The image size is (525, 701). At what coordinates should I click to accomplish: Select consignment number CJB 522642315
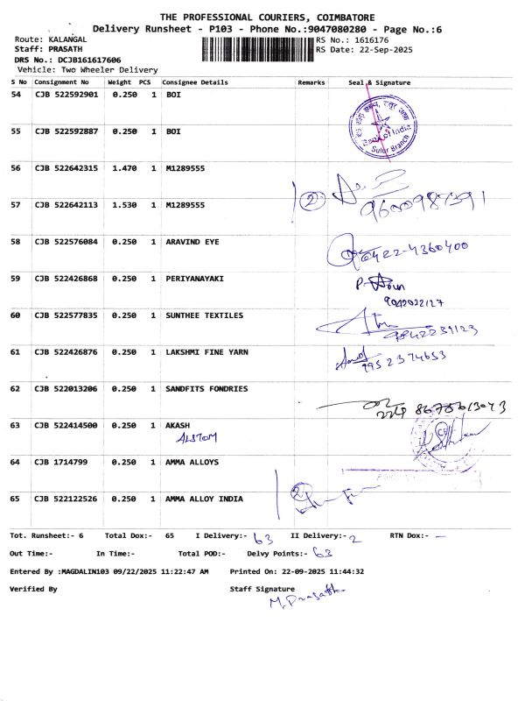click(x=66, y=167)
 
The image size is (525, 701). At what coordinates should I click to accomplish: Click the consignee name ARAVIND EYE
click(x=192, y=241)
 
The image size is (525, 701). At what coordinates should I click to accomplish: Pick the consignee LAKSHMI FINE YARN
click(x=206, y=351)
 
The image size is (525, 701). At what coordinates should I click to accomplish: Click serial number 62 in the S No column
click(x=15, y=388)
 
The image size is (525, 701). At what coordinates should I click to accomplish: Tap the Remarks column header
click(x=311, y=82)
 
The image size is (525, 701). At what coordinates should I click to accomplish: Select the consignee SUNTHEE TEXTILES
click(x=205, y=315)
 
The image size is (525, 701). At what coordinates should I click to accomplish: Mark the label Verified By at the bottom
click(x=33, y=589)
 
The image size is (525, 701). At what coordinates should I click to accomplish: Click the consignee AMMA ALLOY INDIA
click(x=205, y=499)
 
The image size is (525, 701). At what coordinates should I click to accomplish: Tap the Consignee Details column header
click(x=195, y=82)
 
